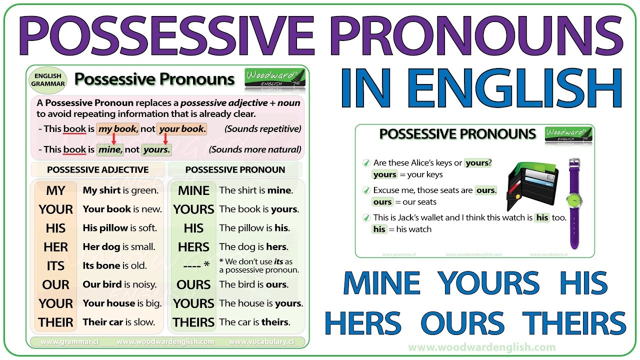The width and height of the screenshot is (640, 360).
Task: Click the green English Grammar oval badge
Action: (48, 80)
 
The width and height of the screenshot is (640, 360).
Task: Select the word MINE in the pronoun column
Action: (193, 190)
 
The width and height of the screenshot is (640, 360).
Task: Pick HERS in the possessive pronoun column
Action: (193, 247)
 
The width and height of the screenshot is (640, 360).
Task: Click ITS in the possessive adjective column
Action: (55, 266)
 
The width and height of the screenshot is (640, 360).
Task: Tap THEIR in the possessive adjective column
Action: (55, 322)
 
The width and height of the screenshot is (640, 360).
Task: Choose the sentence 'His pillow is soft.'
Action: (120, 228)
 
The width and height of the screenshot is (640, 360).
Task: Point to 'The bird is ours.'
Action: (253, 284)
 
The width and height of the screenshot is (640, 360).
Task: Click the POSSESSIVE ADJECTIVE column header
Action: (98, 169)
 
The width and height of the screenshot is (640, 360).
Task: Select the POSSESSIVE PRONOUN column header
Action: (235, 169)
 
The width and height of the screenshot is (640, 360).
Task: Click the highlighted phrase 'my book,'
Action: (117, 129)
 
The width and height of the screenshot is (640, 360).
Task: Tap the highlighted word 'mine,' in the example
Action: (109, 149)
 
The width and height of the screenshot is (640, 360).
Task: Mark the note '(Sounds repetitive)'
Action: (262, 129)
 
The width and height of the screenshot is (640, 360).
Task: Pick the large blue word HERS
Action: (362, 322)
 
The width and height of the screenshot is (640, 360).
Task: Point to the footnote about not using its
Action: (259, 265)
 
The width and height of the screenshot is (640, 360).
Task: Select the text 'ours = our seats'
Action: (404, 202)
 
